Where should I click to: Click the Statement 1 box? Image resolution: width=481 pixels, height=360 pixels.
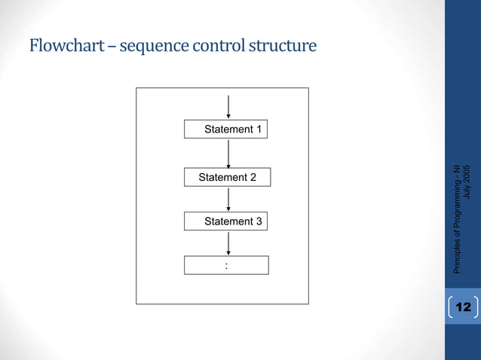(x=226, y=130)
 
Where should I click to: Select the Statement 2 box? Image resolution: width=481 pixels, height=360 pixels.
(x=227, y=178)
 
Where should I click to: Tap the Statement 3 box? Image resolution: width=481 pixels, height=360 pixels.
(x=226, y=221)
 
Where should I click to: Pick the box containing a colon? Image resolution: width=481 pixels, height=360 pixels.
(x=226, y=265)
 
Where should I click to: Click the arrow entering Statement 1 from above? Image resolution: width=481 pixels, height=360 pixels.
(x=228, y=107)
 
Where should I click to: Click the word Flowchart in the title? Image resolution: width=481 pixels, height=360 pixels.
(x=62, y=47)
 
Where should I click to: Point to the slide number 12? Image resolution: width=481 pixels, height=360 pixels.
(x=463, y=307)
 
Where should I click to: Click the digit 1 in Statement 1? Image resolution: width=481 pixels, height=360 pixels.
(x=259, y=130)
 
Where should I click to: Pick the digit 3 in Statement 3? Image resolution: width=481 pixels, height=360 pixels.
(x=259, y=221)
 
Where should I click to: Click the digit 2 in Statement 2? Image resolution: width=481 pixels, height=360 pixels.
(x=253, y=178)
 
